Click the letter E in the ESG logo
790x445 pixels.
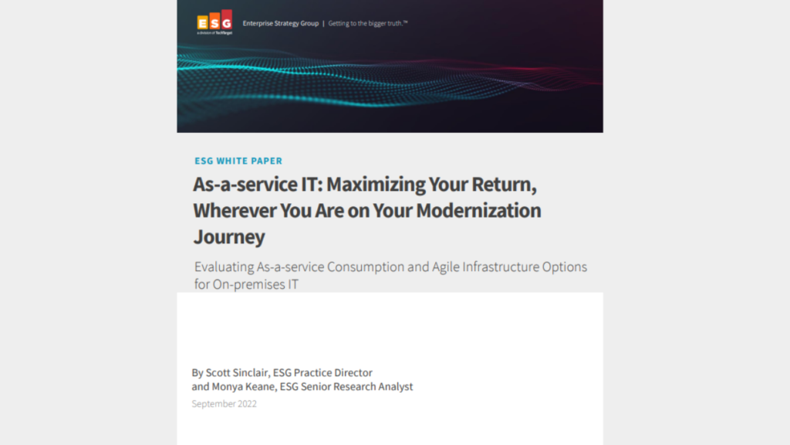(202, 22)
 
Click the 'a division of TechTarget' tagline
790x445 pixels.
(214, 33)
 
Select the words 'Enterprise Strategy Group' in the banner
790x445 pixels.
(280, 23)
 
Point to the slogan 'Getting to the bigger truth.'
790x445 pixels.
(368, 23)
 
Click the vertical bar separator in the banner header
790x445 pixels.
(322, 23)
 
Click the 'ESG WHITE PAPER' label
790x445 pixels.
(238, 161)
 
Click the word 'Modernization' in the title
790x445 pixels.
(474, 210)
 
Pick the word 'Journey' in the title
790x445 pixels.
(229, 236)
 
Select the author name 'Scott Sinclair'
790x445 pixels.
(239, 372)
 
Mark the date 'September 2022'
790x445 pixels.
(225, 403)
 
